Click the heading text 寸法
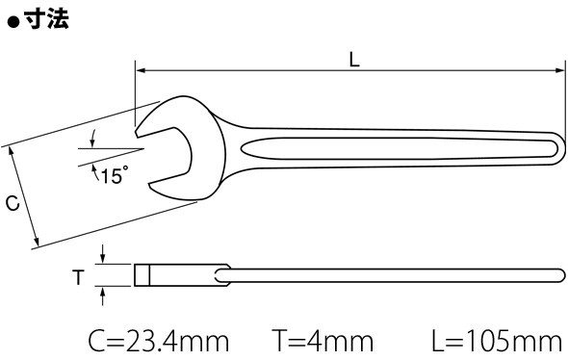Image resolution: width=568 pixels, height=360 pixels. (x=47, y=18)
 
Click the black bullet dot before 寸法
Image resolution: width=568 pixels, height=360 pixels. (x=13, y=22)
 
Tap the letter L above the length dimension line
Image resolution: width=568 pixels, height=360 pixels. (x=354, y=60)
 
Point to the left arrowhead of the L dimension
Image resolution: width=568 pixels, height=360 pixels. (x=141, y=70)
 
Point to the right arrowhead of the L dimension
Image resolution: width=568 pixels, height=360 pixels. (x=560, y=70)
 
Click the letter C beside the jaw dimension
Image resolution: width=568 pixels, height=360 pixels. (x=13, y=203)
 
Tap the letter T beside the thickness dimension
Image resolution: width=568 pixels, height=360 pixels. (x=78, y=277)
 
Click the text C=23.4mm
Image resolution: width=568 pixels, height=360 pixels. (x=159, y=341)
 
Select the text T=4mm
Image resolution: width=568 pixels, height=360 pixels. (x=323, y=341)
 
